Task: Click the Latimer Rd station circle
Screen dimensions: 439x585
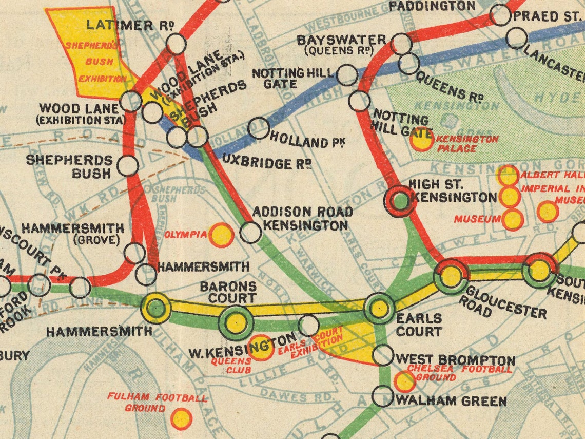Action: tap(176, 44)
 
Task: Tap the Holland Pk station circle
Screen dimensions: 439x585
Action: tap(259, 128)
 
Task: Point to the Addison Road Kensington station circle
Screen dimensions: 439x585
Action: tap(250, 232)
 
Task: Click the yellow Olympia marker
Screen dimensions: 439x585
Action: tap(222, 235)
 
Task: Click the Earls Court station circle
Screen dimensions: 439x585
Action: tap(379, 308)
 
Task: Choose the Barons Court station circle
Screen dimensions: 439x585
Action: tap(236, 323)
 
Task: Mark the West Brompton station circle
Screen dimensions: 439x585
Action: tap(383, 355)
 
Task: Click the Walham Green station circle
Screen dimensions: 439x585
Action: tap(383, 396)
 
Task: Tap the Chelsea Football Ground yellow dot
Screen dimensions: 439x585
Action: tap(405, 381)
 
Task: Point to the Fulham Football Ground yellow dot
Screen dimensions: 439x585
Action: tap(181, 418)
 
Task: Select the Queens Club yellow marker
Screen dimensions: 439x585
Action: tap(261, 348)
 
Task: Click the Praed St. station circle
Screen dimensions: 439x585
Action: tap(500, 15)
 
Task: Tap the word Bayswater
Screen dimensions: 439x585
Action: tap(342, 40)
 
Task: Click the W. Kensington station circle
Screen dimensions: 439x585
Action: tap(308, 325)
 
